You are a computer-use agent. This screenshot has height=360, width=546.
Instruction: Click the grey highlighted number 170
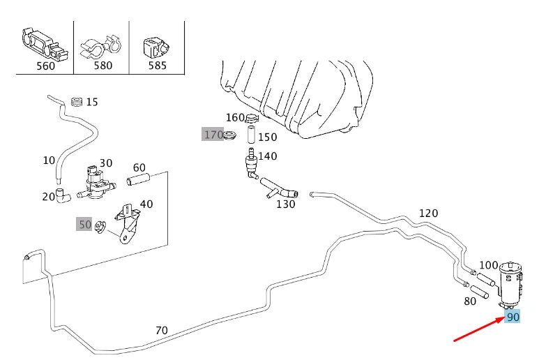pyautogui.click(x=213, y=134)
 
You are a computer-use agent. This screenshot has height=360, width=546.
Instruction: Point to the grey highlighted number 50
pyautogui.click(x=84, y=224)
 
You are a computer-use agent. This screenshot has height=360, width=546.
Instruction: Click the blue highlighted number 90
pyautogui.click(x=513, y=317)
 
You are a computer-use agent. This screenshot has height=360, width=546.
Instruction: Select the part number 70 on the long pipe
pyautogui.click(x=161, y=330)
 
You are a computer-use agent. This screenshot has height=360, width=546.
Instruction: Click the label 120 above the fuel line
pyautogui.click(x=428, y=213)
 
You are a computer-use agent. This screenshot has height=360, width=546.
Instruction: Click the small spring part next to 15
pyautogui.click(x=76, y=102)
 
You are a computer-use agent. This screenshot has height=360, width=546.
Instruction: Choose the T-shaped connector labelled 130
pyautogui.click(x=278, y=188)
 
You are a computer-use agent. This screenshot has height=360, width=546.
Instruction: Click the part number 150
pyautogui.click(x=268, y=137)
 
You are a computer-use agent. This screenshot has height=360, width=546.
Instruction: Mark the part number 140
pyautogui.click(x=268, y=156)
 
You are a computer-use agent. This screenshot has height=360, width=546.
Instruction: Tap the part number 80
pyautogui.click(x=470, y=301)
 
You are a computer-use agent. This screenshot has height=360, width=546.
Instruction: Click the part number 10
pyautogui.click(x=48, y=160)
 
